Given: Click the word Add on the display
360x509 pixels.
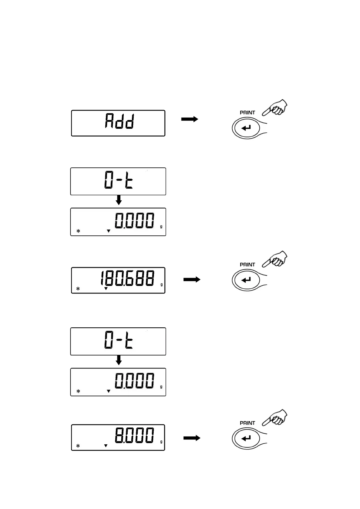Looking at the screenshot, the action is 119,121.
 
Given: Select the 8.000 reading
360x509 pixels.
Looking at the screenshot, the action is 134,436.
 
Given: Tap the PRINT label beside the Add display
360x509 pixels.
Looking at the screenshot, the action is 247,113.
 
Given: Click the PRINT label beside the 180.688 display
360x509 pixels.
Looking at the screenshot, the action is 247,265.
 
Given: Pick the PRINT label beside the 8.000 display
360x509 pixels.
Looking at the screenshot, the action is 247,423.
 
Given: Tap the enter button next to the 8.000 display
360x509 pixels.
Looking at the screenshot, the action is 246,438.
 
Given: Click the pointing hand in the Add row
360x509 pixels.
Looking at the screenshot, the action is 275,108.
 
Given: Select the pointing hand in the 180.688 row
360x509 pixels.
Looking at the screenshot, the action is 275,259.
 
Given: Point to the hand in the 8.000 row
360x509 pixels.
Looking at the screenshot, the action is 275,418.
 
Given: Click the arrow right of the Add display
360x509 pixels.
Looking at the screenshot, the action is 190,119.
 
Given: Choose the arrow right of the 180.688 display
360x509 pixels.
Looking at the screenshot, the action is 192,280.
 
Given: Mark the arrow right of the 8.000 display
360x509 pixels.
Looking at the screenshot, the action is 192,438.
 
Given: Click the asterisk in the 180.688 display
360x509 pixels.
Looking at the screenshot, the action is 78,289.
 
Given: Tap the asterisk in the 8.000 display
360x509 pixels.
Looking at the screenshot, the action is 78,446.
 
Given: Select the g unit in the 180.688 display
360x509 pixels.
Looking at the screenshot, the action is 162,285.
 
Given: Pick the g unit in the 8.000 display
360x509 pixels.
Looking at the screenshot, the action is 161,442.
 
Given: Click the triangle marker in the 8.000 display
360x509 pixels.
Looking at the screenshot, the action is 106,446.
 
